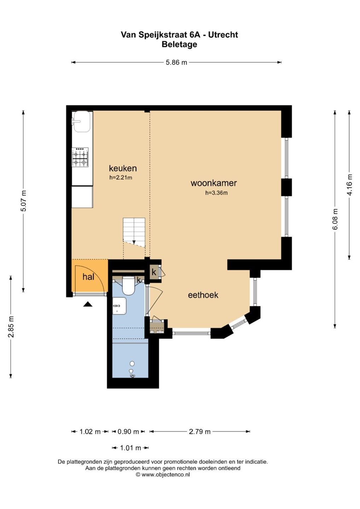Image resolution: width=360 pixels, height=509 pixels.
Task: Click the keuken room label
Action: tap(123, 168)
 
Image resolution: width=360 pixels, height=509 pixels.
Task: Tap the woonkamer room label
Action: tap(214, 183)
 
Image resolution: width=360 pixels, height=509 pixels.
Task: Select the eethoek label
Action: tap(203, 295)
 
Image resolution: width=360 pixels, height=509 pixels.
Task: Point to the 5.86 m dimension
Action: tap(176, 62)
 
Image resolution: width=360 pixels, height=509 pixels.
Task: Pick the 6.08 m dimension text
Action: tap(335, 219)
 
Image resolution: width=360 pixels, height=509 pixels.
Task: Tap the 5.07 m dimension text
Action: tap(23, 201)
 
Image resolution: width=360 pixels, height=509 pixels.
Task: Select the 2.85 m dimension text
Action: tap(11, 327)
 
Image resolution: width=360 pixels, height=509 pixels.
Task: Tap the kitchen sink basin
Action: tap(82, 122)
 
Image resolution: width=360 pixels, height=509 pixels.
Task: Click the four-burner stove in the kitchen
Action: tap(80, 157)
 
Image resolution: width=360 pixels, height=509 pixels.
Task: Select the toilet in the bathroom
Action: tap(129, 286)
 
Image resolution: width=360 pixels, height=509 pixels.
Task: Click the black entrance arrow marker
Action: tap(88, 304)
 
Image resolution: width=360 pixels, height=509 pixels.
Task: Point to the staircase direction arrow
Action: tap(134, 242)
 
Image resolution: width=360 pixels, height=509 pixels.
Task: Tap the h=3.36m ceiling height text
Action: tap(216, 193)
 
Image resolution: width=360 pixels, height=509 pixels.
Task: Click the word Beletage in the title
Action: tap(179, 44)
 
